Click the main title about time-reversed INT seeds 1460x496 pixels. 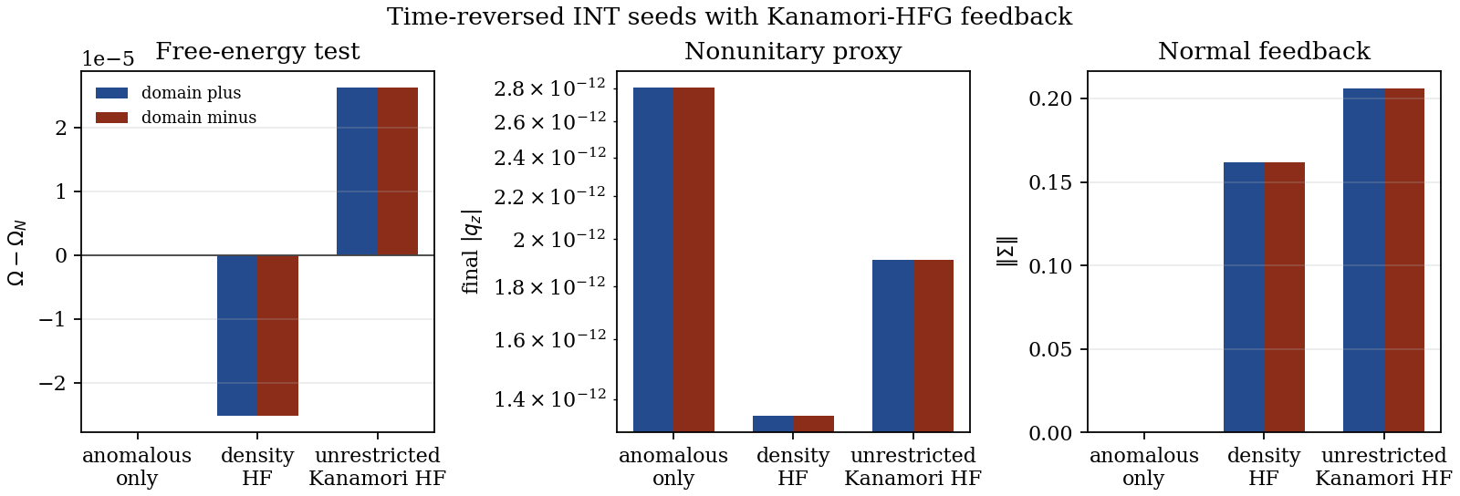point(729,16)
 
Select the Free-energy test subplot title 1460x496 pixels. point(257,51)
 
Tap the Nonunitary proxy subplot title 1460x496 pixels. point(793,51)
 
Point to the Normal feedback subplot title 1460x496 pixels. point(1264,51)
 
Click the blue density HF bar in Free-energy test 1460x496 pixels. point(237,336)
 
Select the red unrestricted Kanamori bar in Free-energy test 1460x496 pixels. point(398,171)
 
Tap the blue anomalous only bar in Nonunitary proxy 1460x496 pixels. point(653,260)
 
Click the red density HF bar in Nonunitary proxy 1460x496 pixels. point(813,424)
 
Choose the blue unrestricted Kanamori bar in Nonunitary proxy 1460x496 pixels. point(893,346)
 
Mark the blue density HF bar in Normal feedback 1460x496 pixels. point(1244,297)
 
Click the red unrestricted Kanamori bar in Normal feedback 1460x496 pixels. point(1404,261)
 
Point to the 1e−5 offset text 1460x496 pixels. point(108,59)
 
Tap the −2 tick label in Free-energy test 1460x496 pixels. point(53,383)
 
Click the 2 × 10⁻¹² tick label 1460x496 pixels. point(559,238)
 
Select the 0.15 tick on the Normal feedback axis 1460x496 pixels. point(1050,182)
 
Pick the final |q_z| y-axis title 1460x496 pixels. point(471,252)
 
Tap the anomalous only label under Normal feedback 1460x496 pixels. point(1144,467)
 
